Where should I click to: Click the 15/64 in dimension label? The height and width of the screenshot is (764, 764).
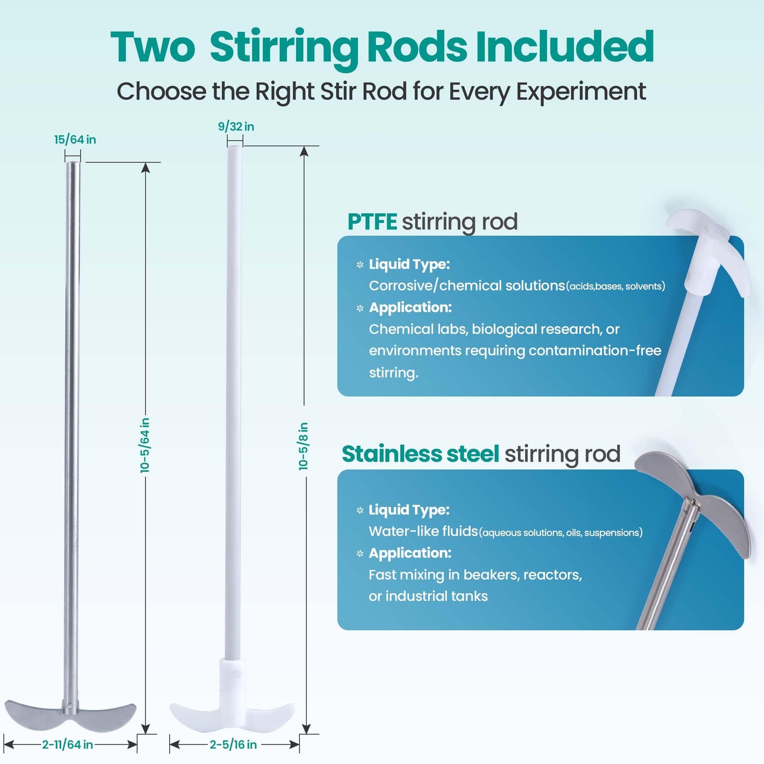tap(75, 140)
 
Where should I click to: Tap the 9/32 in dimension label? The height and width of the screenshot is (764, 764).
tap(236, 126)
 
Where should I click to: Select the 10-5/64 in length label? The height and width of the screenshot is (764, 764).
tap(145, 445)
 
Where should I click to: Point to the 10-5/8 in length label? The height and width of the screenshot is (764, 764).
tap(303, 446)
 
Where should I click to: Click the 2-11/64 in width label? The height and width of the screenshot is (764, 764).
tap(67, 744)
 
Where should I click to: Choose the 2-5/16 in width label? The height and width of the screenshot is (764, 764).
tap(233, 744)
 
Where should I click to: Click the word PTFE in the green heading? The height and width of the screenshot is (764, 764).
tap(372, 221)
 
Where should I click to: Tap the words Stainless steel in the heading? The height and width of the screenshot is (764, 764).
tap(420, 454)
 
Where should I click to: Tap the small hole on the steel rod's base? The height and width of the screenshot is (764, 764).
tap(70, 706)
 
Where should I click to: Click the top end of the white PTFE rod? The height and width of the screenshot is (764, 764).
tap(234, 147)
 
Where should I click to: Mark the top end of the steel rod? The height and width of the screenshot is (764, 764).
tap(72, 163)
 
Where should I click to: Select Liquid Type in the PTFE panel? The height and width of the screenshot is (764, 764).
tap(410, 264)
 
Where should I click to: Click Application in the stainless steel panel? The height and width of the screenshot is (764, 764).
tap(410, 553)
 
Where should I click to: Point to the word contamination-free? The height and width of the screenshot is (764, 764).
tap(595, 351)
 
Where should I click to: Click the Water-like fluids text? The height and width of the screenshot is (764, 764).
tap(423, 531)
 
